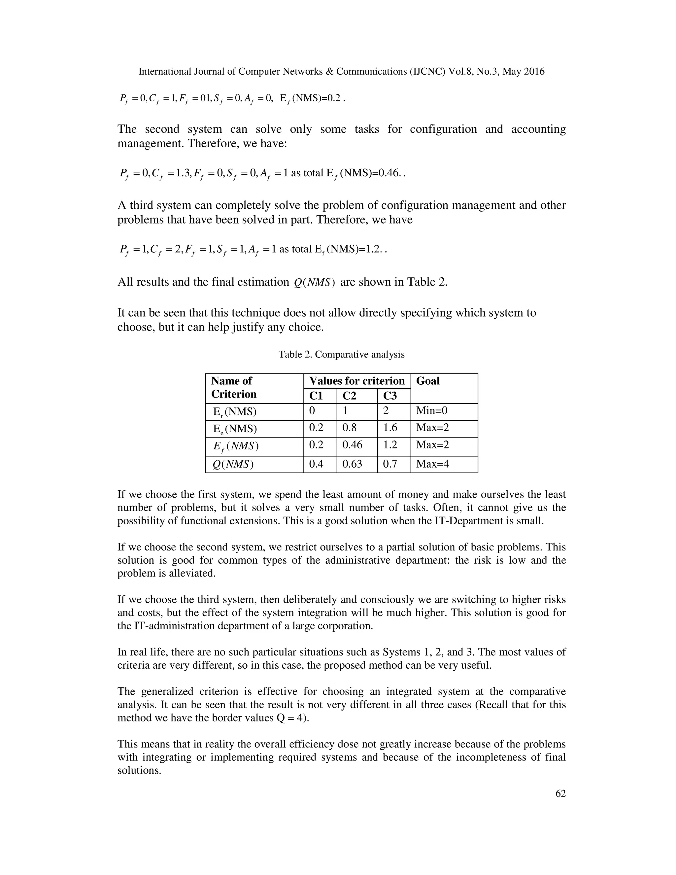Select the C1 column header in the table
click(x=316, y=396)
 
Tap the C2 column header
click(x=349, y=396)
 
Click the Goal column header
click(x=428, y=381)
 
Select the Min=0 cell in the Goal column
click(x=432, y=411)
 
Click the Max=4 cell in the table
click(x=432, y=464)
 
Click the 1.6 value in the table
click(x=390, y=428)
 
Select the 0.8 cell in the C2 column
click(x=349, y=428)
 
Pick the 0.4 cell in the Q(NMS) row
click(x=316, y=464)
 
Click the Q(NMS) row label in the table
click(x=232, y=464)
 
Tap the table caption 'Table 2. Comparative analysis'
click(x=342, y=355)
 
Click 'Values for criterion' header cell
click(x=357, y=381)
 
